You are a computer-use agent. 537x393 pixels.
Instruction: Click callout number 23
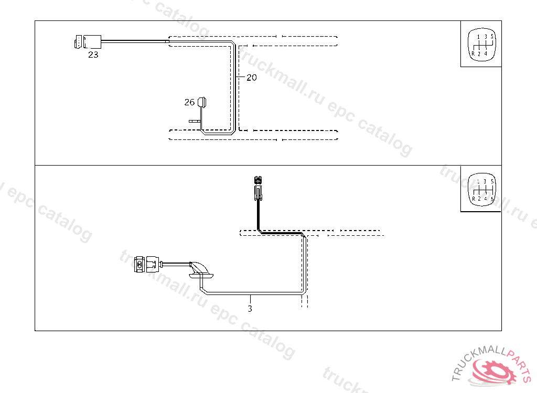93,54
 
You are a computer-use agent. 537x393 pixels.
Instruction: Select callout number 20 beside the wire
252,78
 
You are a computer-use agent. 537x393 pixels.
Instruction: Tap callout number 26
189,102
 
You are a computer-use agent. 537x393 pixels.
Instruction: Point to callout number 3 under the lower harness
250,309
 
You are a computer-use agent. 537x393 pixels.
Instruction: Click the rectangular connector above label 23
87,41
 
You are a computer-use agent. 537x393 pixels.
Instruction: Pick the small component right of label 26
202,103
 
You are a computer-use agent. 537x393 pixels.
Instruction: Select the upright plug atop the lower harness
257,187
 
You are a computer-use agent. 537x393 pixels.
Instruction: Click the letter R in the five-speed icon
473,53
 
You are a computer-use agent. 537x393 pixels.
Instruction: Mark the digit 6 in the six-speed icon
492,199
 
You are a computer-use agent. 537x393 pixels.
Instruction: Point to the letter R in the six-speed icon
473,199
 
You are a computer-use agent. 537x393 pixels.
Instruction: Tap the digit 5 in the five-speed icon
492,37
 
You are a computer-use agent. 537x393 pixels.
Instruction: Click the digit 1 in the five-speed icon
479,37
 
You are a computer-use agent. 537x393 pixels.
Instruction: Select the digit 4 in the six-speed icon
486,199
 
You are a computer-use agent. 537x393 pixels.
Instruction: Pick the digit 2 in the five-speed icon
479,53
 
